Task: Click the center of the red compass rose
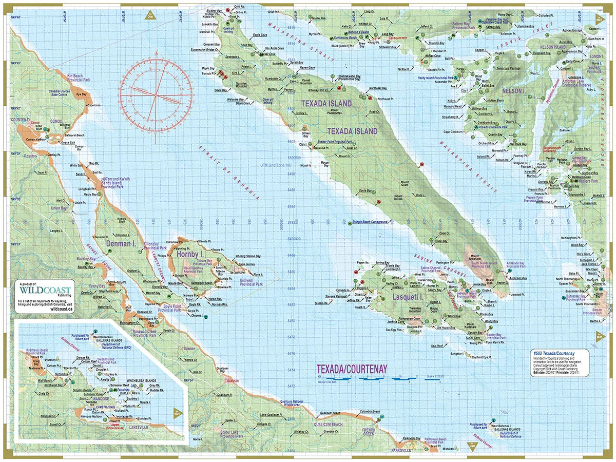tap(157, 93)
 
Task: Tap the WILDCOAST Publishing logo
tap(45, 288)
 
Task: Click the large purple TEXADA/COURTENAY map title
tap(352, 369)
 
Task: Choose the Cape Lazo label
tap(93, 105)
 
